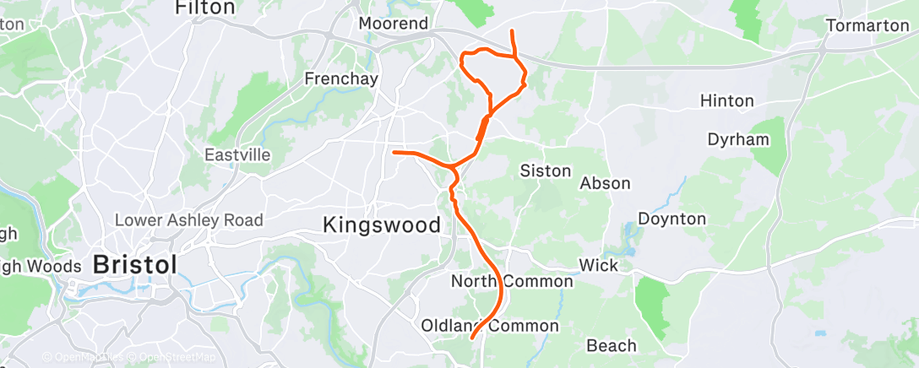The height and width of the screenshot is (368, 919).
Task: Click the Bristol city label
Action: click(135, 263)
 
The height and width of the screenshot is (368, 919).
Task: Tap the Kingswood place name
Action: click(382, 225)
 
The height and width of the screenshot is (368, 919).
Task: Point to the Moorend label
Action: click(394, 24)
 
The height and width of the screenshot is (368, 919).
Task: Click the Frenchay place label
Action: click(341, 78)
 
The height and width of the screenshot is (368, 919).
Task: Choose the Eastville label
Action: click(237, 155)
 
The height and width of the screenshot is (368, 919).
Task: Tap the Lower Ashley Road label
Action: click(189, 220)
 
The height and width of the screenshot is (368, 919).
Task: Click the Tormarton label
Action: click(867, 25)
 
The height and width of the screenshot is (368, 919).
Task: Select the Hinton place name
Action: click(726, 101)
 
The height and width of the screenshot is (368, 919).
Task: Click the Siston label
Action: click(545, 170)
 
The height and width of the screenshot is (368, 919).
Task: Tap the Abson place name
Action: click(605, 183)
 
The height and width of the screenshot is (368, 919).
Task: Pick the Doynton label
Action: click(672, 219)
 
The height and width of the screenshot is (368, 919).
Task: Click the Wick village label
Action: click(599, 266)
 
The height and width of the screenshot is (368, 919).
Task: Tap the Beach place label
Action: click(611, 346)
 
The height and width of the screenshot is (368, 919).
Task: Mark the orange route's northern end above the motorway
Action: click(512, 31)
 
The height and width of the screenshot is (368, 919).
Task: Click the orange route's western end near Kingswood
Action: click(394, 152)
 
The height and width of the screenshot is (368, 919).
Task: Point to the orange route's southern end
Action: click(471, 338)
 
